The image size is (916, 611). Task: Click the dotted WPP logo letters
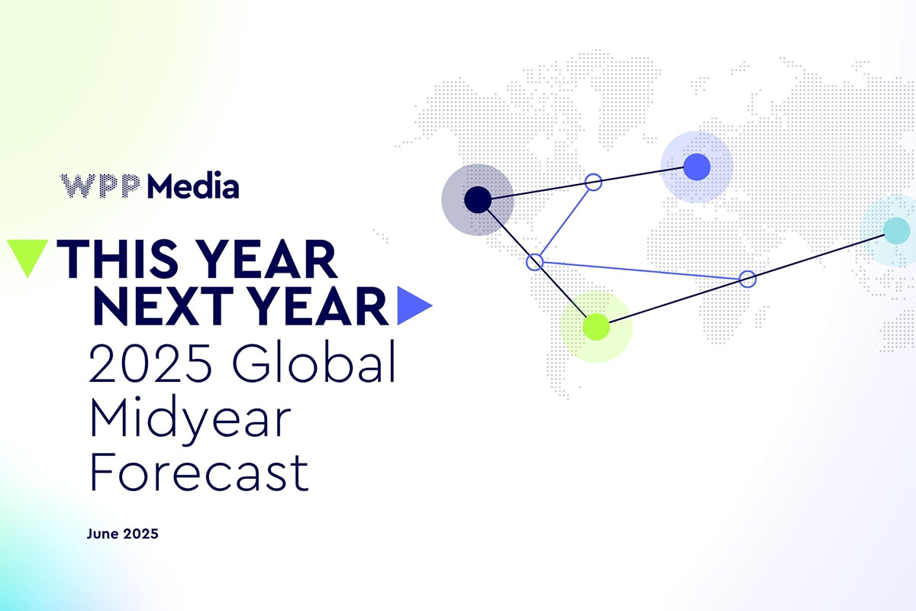click(x=100, y=186)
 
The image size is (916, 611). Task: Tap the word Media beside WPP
click(x=193, y=186)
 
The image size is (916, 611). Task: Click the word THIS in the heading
click(x=118, y=259)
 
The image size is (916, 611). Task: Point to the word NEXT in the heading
click(x=163, y=306)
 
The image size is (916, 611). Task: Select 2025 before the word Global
click(x=150, y=363)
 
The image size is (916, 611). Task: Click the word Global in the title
click(x=314, y=362)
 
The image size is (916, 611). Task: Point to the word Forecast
click(x=199, y=472)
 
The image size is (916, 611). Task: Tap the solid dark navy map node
click(x=478, y=199)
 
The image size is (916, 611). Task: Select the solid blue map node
click(x=697, y=167)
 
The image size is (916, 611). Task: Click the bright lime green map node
click(x=596, y=327)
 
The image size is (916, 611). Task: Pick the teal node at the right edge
click(x=896, y=231)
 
